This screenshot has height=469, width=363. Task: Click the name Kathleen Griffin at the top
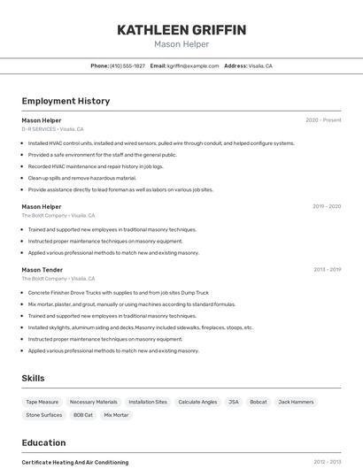click(181, 30)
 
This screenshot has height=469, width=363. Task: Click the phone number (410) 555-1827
click(127, 66)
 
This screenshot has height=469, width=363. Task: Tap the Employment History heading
click(66, 101)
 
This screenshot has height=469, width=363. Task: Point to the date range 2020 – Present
click(323, 119)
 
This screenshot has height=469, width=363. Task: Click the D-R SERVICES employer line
click(53, 129)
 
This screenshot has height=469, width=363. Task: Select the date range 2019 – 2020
click(327, 206)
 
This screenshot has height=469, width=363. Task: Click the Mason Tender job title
click(42, 269)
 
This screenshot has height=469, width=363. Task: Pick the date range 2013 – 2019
click(327, 269)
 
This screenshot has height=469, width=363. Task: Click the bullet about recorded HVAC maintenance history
click(96, 165)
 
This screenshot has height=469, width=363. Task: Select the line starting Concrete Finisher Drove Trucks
click(119, 292)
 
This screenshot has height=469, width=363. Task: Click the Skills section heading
click(33, 378)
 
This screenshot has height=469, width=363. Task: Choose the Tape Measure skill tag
click(42, 402)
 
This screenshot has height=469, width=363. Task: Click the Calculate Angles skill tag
click(197, 402)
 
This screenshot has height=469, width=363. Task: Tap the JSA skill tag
click(234, 402)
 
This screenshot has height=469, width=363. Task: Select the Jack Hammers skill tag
click(296, 402)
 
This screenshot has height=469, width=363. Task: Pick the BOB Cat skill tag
click(83, 415)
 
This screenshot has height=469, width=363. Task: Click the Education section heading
click(43, 442)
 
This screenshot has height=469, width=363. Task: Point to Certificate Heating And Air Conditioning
click(75, 462)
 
